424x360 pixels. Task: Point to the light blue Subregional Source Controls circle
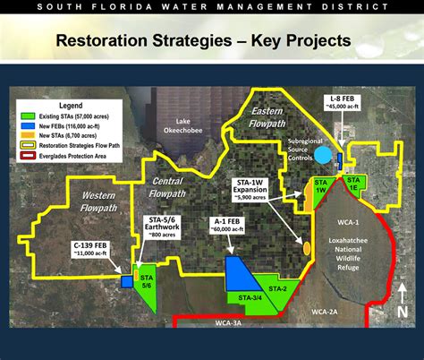tap(321, 155)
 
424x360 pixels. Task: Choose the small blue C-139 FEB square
tap(126, 281)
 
